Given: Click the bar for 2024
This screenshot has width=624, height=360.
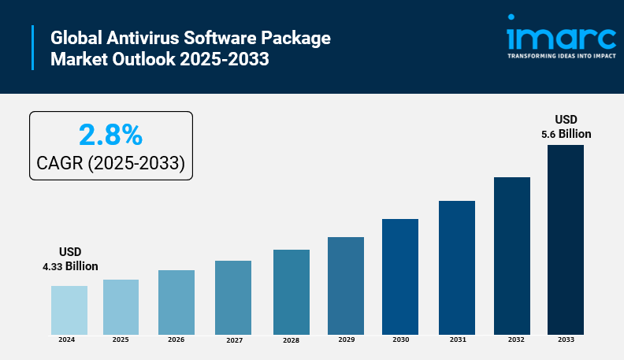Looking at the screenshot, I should tap(69, 310).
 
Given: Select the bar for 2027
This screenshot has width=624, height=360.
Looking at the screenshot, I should tap(233, 297).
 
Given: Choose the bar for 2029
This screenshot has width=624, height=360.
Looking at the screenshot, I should tap(346, 285).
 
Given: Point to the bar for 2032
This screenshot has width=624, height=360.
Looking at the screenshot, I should tap(512, 255).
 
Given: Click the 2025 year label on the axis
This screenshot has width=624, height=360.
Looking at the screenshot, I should tap(121, 340).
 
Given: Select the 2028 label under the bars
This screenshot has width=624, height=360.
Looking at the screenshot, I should tap(292, 340).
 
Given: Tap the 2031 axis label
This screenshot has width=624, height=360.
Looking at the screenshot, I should tap(457, 340).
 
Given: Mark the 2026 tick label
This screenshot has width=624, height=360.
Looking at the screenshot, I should tap(176, 340).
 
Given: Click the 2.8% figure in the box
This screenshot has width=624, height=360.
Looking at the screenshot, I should tap(110, 135).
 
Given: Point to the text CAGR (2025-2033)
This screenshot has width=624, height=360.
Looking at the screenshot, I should tap(110, 163).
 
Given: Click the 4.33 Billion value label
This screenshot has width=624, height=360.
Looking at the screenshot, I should tap(70, 266).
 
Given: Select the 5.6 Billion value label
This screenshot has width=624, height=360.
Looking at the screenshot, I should tap(566, 134).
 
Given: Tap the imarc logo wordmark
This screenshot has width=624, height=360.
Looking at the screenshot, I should tap(561, 39).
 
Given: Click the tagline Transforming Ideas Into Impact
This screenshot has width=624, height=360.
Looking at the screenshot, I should tap(561, 58).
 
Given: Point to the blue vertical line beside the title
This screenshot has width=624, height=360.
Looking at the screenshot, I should tap(34, 47).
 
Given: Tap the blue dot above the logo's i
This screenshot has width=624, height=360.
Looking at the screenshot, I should tap(511, 17).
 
